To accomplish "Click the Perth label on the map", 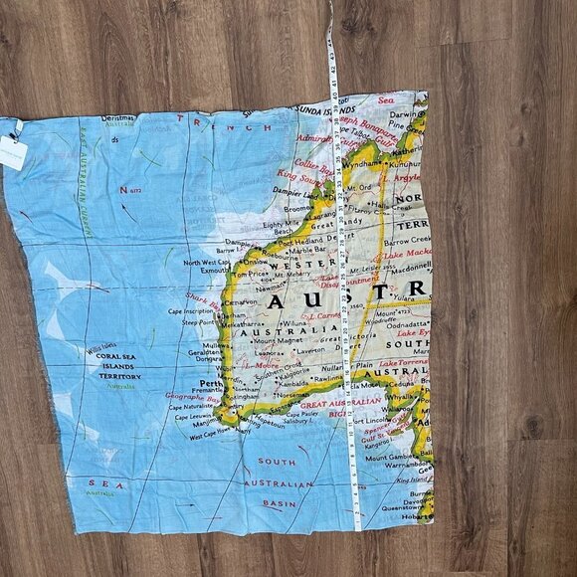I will click(208, 382).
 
